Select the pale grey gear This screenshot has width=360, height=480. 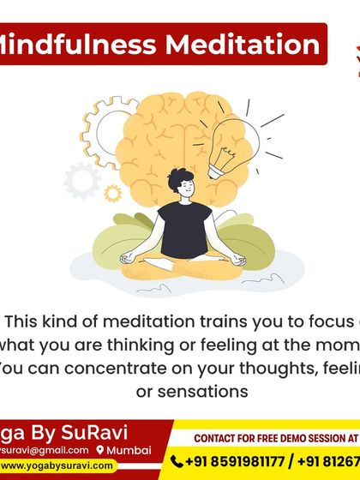point(83,180)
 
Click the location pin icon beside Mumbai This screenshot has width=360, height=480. point(100,450)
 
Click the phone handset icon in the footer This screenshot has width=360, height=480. point(178,461)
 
